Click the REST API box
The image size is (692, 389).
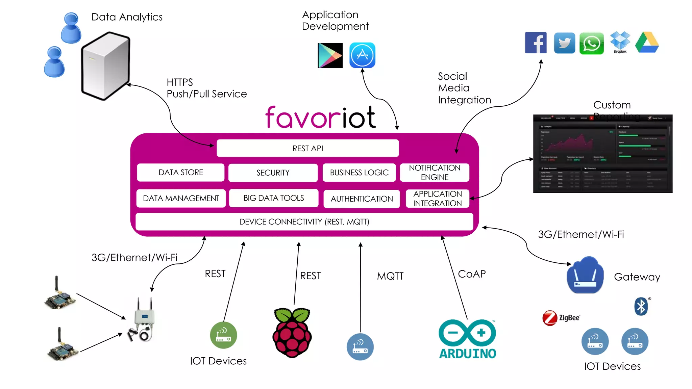pos(307,148)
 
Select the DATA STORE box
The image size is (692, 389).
pos(181,173)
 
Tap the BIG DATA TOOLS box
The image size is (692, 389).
pos(274,198)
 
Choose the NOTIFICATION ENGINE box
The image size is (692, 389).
pos(435,173)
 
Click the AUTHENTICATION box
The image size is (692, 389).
pos(362,199)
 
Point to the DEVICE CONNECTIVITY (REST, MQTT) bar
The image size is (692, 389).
pos(304,222)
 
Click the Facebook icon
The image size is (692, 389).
pos(536,43)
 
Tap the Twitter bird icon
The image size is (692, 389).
pos(564,43)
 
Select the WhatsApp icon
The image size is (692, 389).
pos(591,43)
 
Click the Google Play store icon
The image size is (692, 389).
pos(330,55)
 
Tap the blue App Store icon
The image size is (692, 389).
pos(362,55)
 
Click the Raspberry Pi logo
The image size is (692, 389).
pos(292,333)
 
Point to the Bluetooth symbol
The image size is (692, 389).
pos(641,307)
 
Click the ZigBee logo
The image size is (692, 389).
pos(561,318)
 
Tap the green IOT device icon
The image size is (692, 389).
pos(223,335)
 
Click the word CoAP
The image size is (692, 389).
pos(472,274)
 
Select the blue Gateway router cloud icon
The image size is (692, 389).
pos(585,276)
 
